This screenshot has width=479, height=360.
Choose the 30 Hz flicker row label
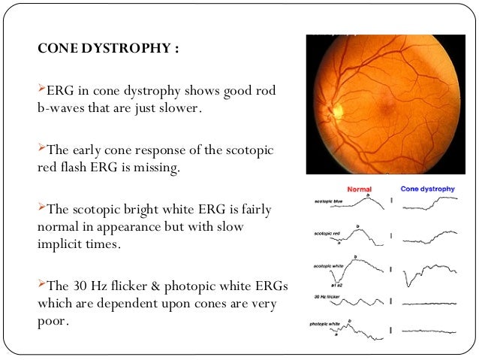point(324,299)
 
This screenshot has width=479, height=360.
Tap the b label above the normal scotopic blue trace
point(368,194)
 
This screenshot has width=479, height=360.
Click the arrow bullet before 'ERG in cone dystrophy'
point(41,92)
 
